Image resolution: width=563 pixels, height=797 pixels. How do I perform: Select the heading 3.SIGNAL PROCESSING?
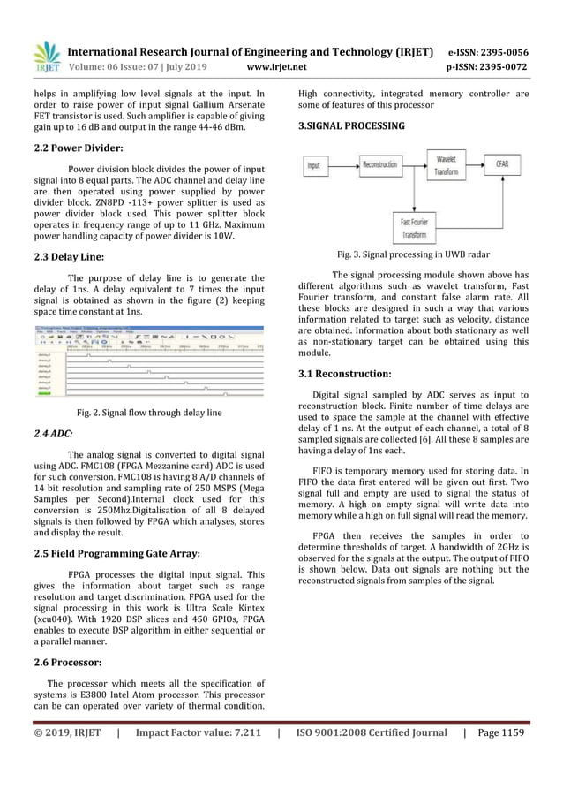click(351, 126)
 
